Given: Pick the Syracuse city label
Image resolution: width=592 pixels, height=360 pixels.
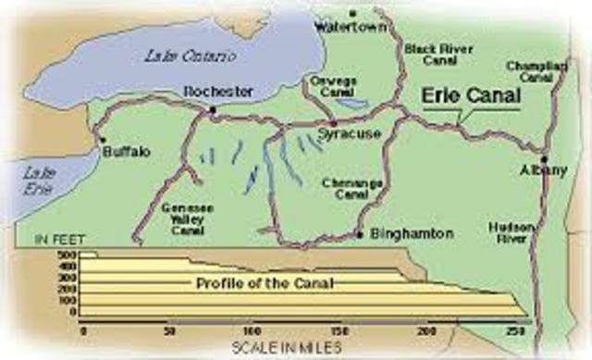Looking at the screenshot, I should (344, 134).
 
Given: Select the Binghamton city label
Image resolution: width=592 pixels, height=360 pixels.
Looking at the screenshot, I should (401, 235).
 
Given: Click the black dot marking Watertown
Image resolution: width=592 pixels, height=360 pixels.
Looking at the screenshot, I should (352, 13).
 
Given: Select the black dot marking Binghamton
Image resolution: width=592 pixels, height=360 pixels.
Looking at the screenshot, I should (359, 235).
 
